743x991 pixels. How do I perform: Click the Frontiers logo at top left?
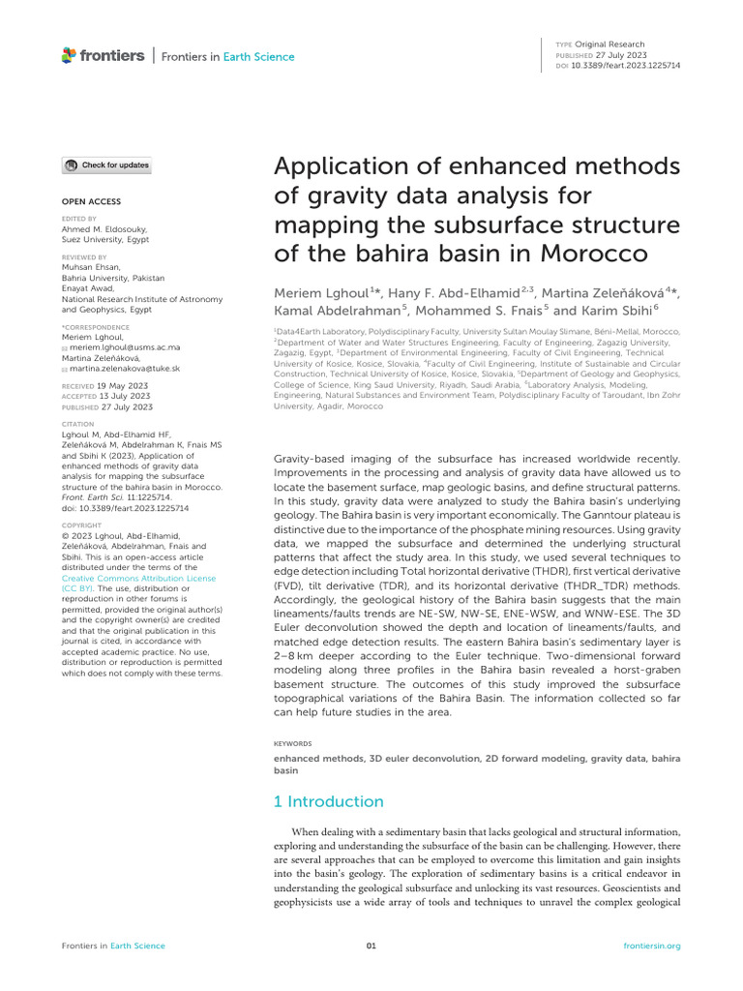pyautogui.click(x=103, y=56)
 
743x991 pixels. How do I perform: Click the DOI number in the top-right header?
pyautogui.click(x=626, y=67)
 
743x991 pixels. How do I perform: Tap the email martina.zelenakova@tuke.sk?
pyautogui.click(x=124, y=369)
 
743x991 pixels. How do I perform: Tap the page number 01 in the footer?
pyautogui.click(x=371, y=946)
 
